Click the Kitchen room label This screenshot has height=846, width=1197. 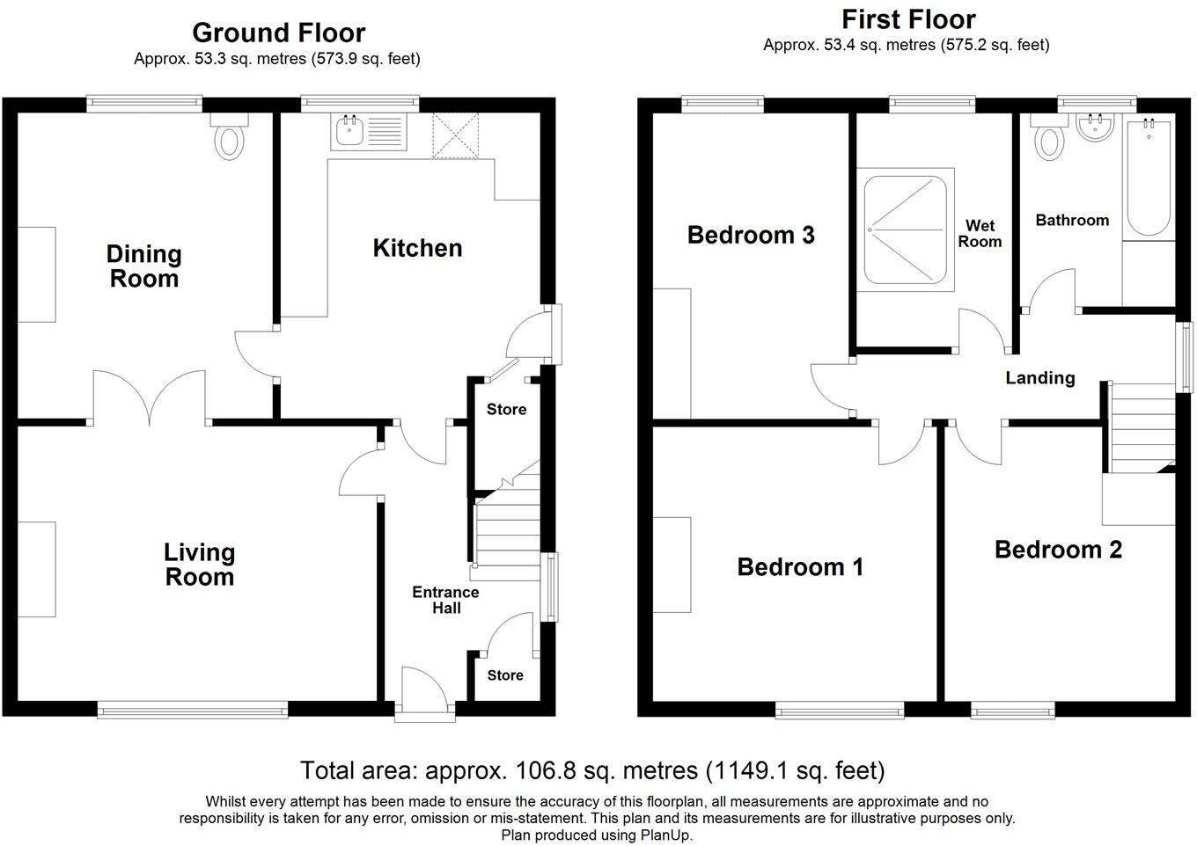417,248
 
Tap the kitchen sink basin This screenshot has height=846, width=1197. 349,131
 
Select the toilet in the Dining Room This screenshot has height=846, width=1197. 229,136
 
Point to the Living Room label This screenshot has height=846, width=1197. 199,565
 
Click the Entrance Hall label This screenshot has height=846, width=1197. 445,600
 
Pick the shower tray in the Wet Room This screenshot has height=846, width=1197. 905,230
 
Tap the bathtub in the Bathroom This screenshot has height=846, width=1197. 1149,178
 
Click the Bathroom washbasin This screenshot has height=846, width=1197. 1095,128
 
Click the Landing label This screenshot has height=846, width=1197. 1040,378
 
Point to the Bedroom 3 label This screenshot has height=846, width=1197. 751,235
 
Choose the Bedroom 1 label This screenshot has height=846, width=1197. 800,567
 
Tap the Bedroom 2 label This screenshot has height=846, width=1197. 1058,551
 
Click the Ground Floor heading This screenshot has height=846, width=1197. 278,33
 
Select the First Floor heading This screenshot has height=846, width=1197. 908,19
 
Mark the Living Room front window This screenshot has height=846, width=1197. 193,710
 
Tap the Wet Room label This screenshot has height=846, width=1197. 980,233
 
